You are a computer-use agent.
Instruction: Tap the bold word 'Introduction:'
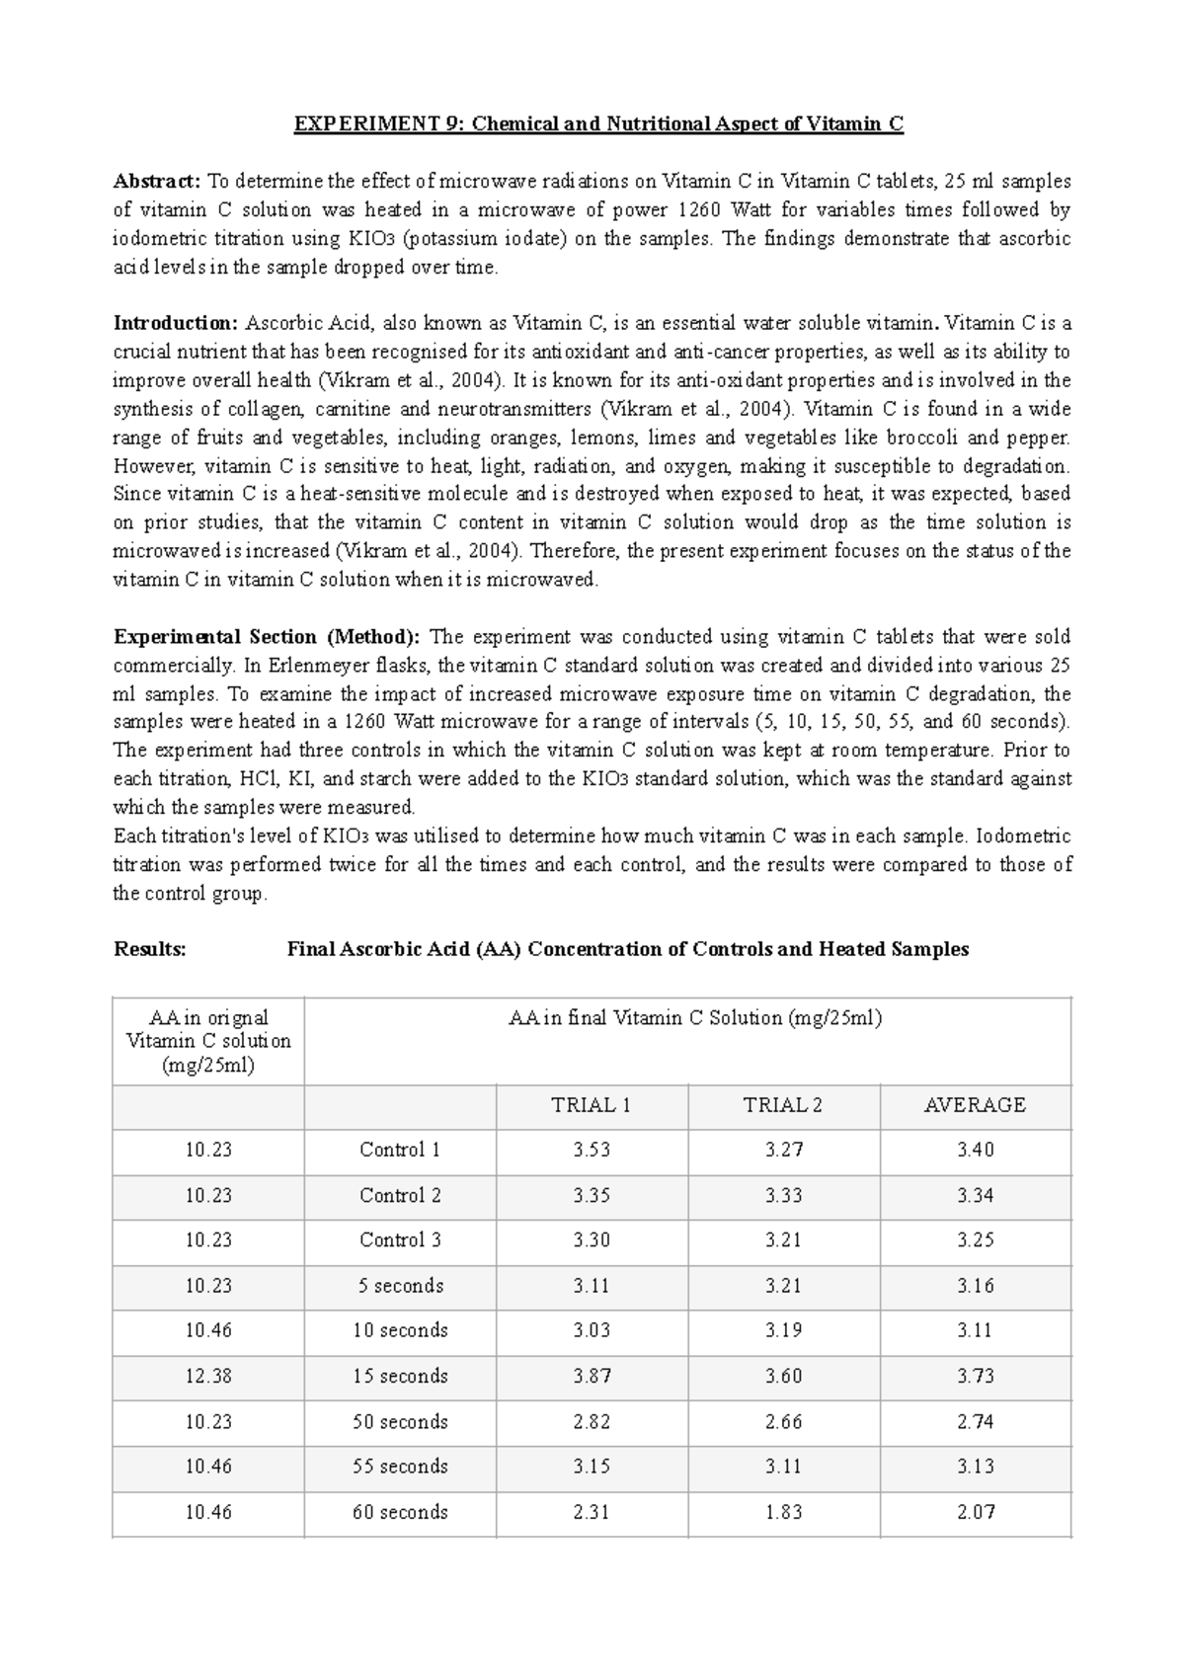(176, 323)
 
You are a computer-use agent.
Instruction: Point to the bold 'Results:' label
(150, 949)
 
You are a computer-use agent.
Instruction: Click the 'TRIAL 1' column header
(591, 1105)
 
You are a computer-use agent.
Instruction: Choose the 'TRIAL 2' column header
(782, 1105)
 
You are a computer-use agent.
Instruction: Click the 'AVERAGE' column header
(974, 1105)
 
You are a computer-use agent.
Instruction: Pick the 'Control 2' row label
(400, 1196)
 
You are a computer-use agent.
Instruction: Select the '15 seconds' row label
(400, 1377)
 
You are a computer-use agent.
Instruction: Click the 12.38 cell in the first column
(208, 1377)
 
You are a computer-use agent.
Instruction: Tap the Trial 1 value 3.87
(592, 1377)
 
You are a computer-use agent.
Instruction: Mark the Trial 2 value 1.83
(783, 1512)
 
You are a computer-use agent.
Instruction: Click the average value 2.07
(975, 1512)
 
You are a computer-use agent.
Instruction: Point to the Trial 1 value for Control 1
(592, 1151)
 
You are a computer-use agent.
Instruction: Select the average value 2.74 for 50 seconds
(975, 1422)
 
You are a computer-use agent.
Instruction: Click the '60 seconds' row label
(400, 1512)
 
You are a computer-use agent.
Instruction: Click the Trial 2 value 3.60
(783, 1377)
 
